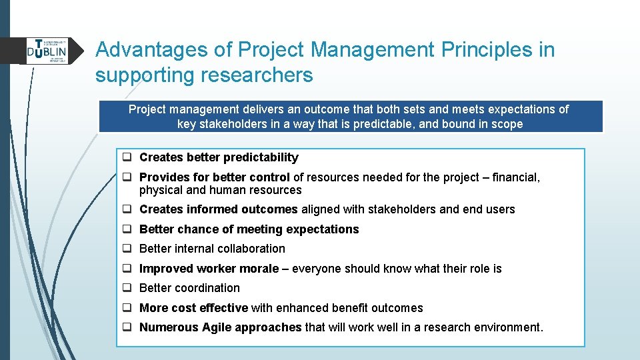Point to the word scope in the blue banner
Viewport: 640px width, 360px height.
tap(507, 124)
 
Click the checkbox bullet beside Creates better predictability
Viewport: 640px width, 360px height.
tap(126, 158)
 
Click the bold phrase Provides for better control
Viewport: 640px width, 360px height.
tap(214, 177)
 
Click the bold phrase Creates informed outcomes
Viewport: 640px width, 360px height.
tap(218, 209)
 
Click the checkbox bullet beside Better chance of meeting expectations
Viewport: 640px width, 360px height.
tap(126, 229)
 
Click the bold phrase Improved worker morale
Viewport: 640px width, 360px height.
tap(209, 269)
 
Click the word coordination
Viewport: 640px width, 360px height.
tap(207, 288)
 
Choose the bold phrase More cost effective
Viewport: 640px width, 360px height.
tap(193, 308)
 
